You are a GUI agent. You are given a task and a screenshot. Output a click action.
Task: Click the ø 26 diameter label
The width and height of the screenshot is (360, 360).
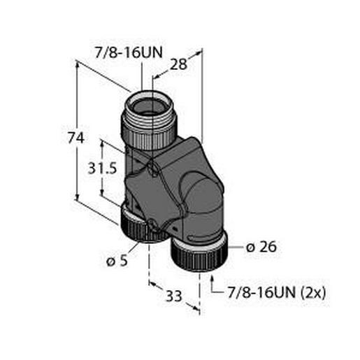pos(263,246)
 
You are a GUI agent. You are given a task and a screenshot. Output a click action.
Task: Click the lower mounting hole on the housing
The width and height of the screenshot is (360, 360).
pos(154,225)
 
